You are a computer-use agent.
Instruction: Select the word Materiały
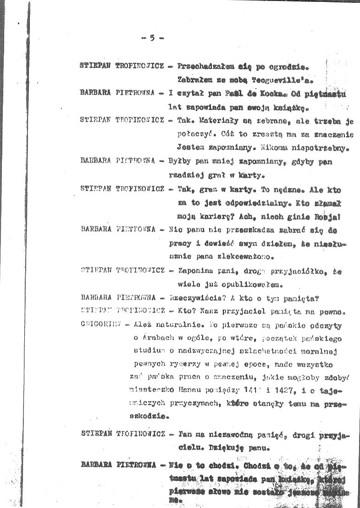[204, 122]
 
